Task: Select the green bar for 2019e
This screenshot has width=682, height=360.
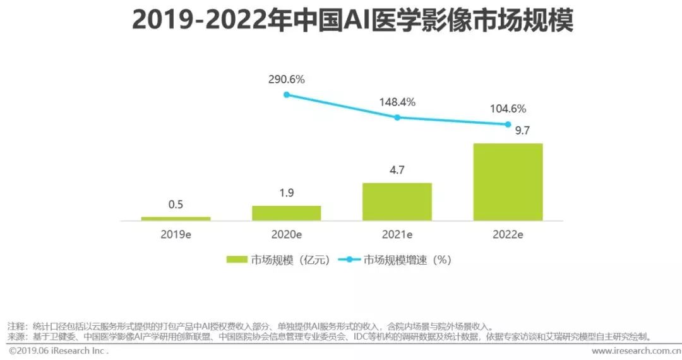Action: pyautogui.click(x=176, y=219)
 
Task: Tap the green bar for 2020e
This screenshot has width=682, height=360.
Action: pyautogui.click(x=286, y=213)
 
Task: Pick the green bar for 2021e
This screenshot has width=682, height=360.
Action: pyautogui.click(x=397, y=201)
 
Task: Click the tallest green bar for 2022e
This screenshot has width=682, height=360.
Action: pyautogui.click(x=508, y=182)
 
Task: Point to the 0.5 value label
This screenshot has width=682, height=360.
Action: pyautogui.click(x=176, y=205)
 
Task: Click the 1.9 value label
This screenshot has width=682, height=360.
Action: pyautogui.click(x=286, y=193)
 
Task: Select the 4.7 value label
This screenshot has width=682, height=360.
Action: pyautogui.click(x=397, y=170)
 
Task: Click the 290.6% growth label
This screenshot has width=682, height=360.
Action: pyautogui.click(x=286, y=80)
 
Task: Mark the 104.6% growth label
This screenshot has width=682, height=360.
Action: pyautogui.click(x=508, y=109)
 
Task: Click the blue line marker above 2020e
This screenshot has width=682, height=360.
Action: pyautogui.click(x=286, y=95)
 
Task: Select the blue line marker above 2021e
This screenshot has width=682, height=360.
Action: pyautogui.click(x=397, y=117)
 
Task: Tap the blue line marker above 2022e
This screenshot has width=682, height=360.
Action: pyautogui.click(x=508, y=124)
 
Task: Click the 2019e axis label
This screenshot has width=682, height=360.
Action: pyautogui.click(x=176, y=234)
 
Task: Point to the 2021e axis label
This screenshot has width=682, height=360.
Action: pyautogui.click(x=397, y=234)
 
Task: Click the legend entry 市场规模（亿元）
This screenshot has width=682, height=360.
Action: pyautogui.click(x=278, y=260)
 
